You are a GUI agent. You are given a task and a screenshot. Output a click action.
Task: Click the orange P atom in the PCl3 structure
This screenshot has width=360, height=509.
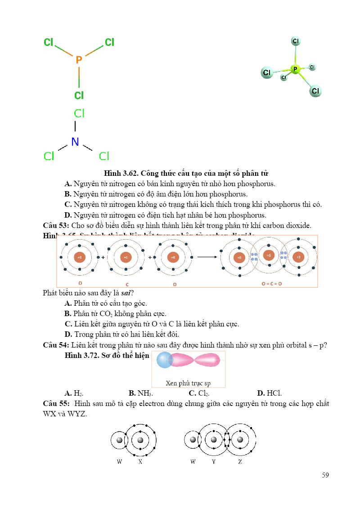pyautogui.click(x=79, y=60)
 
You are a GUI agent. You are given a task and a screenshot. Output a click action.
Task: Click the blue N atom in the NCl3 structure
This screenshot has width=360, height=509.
pyautogui.click(x=75, y=142)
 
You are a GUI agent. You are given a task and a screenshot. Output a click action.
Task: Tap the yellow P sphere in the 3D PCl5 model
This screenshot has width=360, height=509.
pyautogui.click(x=295, y=69)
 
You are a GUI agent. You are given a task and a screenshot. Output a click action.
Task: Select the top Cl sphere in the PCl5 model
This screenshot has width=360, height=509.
pyautogui.click(x=296, y=41)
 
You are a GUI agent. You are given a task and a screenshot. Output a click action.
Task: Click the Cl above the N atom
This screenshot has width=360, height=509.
pyautogui.click(x=79, y=114)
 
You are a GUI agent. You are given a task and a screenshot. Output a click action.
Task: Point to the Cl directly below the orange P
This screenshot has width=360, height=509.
pyautogui.click(x=79, y=95)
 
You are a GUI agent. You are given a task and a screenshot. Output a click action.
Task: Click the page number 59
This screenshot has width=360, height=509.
pyautogui.click(x=325, y=475)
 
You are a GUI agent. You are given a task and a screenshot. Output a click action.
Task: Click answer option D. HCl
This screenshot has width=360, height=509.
pyautogui.click(x=270, y=393)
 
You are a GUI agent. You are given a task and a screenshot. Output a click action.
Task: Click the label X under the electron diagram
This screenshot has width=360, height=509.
pyautogui.click(x=140, y=462)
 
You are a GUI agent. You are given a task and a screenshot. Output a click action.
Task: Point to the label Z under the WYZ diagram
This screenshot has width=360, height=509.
pyautogui.click(x=240, y=462)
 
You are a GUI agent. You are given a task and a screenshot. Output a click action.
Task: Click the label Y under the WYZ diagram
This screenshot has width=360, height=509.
pyautogui.click(x=214, y=462)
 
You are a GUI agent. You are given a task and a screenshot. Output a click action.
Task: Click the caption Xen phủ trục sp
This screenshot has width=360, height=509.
pyautogui.click(x=188, y=384)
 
